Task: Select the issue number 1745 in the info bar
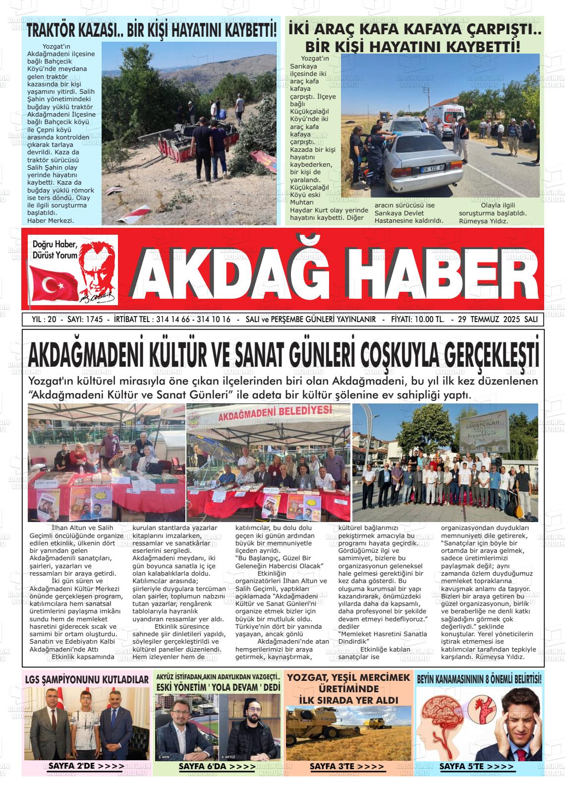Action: [x=94, y=320]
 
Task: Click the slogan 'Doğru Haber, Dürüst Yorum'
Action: [x=55, y=250]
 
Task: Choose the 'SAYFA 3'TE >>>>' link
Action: [x=347, y=767]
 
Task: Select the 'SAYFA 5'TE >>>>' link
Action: [x=477, y=767]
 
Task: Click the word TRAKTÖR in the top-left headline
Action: [x=52, y=30]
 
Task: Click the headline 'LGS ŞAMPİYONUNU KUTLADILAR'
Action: [x=87, y=679]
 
